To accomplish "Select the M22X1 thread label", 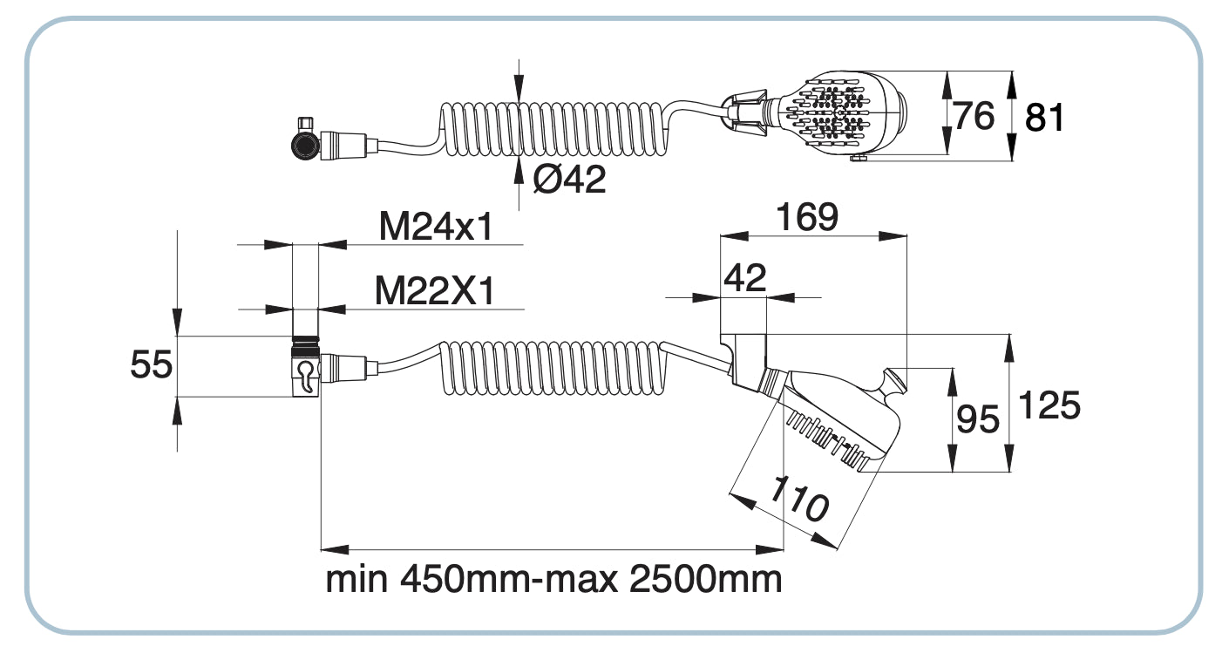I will click(434, 291).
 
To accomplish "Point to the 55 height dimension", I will click(151, 364).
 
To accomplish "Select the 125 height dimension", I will click(1049, 405).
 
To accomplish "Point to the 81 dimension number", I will click(1044, 117).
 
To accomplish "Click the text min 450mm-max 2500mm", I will click(553, 579).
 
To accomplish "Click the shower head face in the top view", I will click(832, 113).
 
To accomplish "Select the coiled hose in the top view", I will click(558, 128).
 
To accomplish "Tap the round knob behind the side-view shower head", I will click(893, 384).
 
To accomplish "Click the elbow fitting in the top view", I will click(305, 139).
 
